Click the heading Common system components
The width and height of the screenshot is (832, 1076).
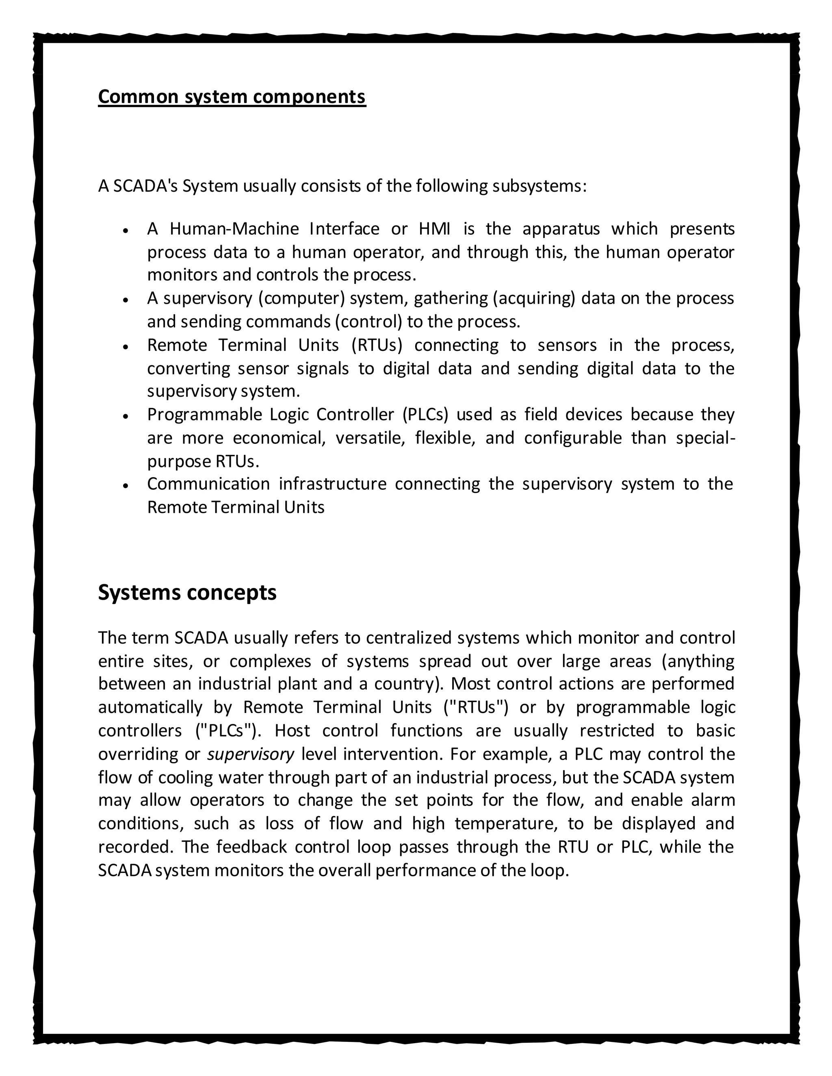tap(232, 97)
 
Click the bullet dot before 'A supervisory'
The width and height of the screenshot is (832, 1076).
tap(126, 300)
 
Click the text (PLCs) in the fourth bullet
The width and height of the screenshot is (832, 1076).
tap(425, 415)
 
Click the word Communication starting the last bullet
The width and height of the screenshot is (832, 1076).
tap(208, 484)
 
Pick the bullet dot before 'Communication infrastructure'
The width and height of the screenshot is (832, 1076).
tap(126, 485)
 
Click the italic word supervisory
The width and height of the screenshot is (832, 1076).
tap(250, 754)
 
